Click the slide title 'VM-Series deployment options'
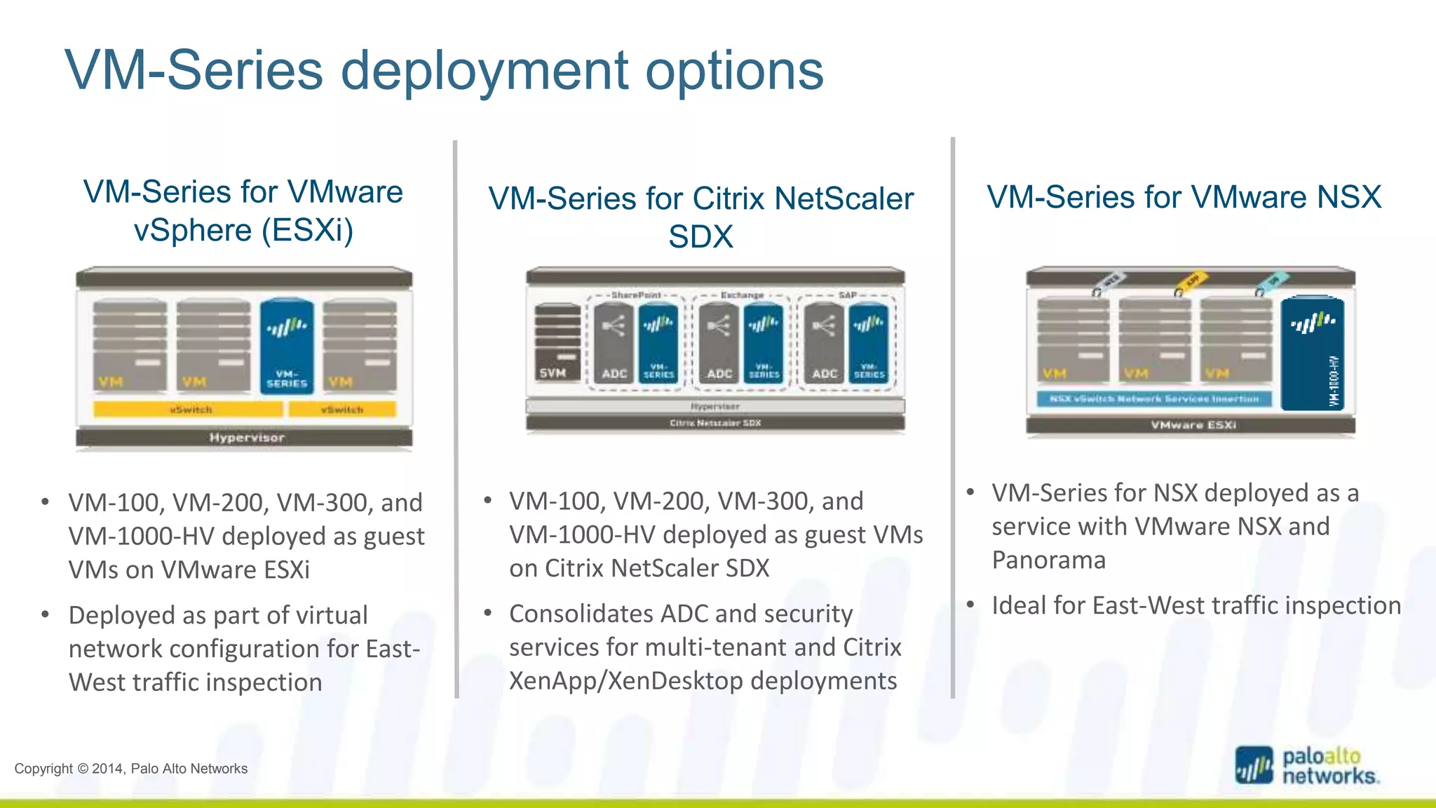444,70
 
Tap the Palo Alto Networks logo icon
1254,765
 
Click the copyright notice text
131,769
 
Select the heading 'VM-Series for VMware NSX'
1184,197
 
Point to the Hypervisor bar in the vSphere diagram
244,438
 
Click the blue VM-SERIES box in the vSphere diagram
287,347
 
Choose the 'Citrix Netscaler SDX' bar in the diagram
715,423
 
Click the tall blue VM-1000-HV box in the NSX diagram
1312,354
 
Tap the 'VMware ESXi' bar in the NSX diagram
1192,425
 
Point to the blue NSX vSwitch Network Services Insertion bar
1154,399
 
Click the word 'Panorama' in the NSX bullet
1048,560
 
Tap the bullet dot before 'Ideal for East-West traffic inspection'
970,605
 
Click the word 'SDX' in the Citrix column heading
700,237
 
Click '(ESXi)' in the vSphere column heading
308,230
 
